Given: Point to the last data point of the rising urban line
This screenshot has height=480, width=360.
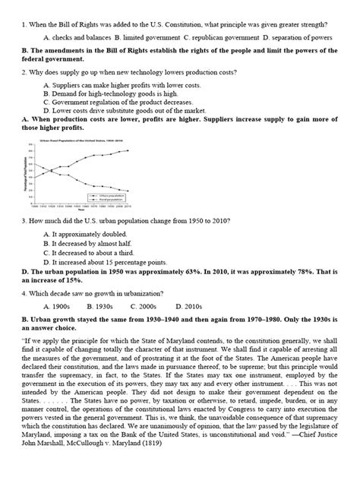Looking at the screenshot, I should [x=127, y=150].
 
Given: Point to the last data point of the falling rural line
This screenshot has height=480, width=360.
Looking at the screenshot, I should [x=127, y=191].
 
